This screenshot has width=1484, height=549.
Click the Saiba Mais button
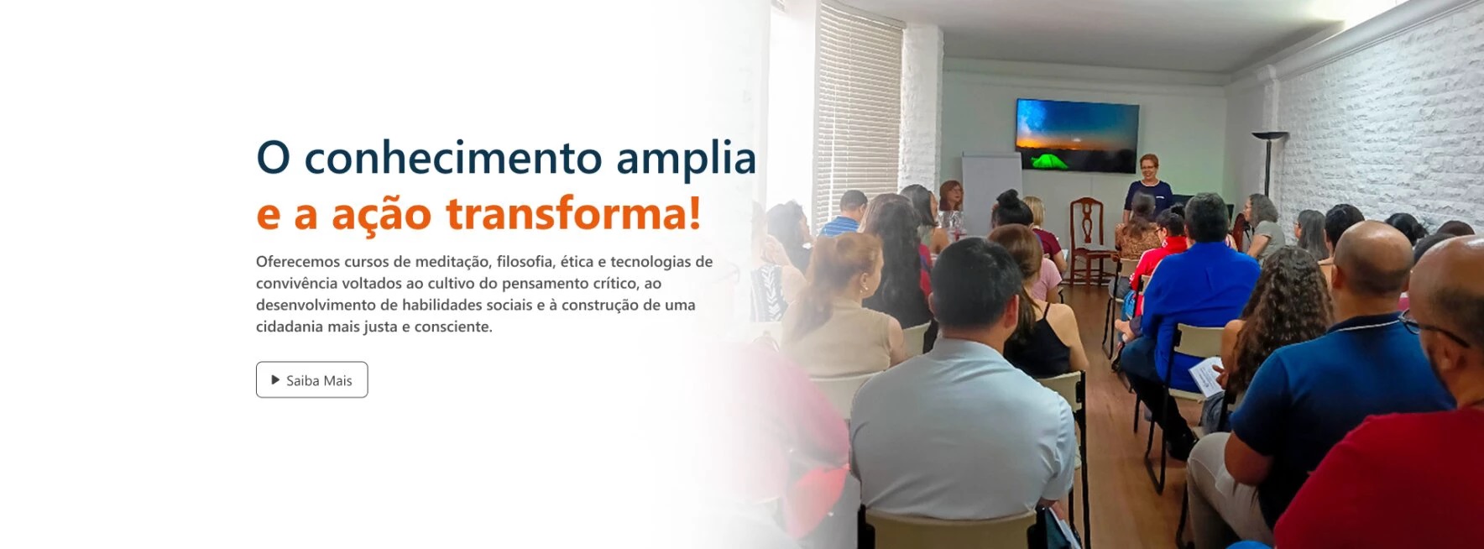(x=311, y=379)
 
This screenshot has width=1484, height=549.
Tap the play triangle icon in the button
(x=275, y=380)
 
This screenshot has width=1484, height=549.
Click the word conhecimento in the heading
(x=453, y=158)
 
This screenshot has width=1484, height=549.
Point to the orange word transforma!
(x=573, y=213)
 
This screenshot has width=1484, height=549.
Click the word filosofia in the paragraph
(x=525, y=262)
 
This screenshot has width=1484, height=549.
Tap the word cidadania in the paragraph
(x=290, y=327)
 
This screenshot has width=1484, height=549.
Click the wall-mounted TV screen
(x=1077, y=135)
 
